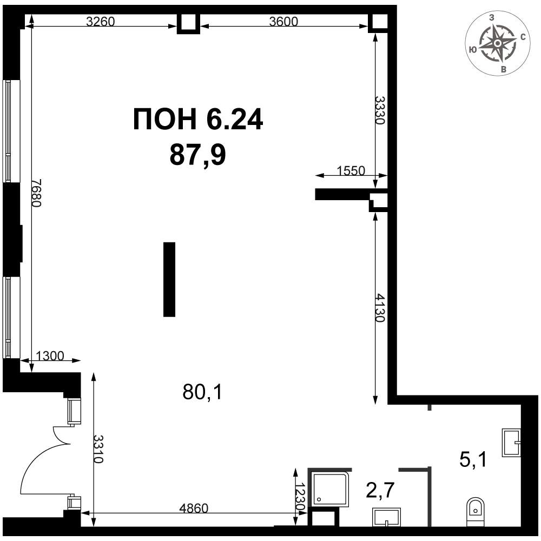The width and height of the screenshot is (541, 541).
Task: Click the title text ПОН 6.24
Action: pyautogui.click(x=198, y=120)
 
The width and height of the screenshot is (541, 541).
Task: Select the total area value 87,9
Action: pyautogui.click(x=197, y=156)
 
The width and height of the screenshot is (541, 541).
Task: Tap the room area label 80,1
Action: pyautogui.click(x=202, y=392)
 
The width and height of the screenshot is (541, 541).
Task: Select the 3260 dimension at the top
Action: pyautogui.click(x=101, y=22)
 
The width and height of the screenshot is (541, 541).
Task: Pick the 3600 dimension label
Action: pyautogui.click(x=283, y=22)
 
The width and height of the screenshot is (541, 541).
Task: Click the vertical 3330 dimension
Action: pyautogui.click(x=380, y=110)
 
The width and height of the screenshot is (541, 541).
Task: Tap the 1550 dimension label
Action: pyautogui.click(x=351, y=171)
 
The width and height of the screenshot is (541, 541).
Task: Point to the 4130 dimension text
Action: pyautogui.click(x=380, y=308)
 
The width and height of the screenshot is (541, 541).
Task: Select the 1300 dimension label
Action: pyautogui.click(x=50, y=356)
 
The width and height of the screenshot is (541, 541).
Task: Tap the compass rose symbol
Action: pyautogui.click(x=497, y=43)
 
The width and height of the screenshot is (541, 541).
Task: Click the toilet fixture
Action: pyautogui.click(x=475, y=510)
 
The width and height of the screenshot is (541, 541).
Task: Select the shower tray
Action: pyautogui.click(x=329, y=487)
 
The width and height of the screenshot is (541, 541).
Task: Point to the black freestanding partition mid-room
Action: pyautogui.click(x=169, y=279)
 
